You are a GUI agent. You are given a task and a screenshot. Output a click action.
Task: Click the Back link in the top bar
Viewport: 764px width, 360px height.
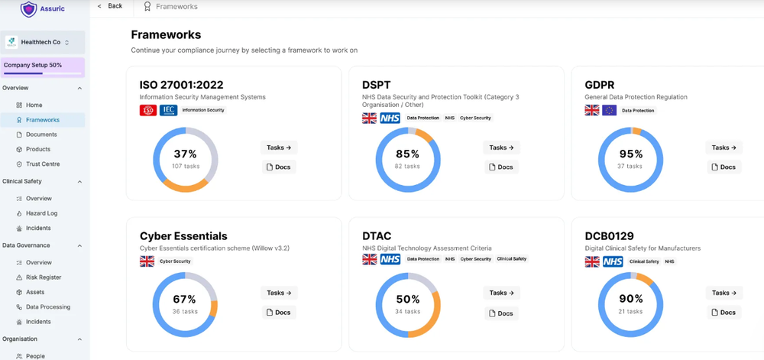[112, 6]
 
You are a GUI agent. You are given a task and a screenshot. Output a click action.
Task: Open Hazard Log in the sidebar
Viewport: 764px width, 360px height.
[41, 213]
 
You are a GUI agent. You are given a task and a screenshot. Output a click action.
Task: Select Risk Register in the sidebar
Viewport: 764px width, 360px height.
[44, 277]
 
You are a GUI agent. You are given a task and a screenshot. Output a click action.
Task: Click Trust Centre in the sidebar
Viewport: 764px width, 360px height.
[42, 164]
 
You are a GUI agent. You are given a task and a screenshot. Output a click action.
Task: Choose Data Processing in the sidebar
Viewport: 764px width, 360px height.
[47, 307]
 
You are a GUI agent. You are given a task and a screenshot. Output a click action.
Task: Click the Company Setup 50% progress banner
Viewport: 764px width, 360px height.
[43, 66]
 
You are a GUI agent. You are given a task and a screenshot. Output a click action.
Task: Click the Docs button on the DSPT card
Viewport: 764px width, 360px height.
[500, 167]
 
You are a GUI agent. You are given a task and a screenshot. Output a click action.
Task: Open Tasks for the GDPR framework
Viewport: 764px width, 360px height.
[724, 148]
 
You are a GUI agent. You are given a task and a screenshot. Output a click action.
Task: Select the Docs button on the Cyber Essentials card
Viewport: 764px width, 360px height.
[278, 312]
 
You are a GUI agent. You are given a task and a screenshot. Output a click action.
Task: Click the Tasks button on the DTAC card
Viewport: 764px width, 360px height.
[501, 293]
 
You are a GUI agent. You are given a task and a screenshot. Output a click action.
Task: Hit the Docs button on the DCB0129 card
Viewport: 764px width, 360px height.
[723, 312]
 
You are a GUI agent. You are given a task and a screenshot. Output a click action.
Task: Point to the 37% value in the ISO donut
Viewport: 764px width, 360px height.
[185, 154]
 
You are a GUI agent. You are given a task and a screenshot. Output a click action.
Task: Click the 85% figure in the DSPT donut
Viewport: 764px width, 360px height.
[407, 154]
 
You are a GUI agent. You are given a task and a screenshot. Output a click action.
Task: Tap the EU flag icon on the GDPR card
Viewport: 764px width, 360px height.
[609, 110]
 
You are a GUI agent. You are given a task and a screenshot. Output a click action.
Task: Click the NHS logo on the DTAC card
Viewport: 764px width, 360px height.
[390, 260]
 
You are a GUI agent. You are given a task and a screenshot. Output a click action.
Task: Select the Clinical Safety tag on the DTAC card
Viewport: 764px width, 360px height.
[511, 259]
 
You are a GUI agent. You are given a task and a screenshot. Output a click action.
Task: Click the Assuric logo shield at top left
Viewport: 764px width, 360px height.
[28, 9]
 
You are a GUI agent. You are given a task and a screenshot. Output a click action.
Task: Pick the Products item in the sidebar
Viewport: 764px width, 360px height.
[38, 149]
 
